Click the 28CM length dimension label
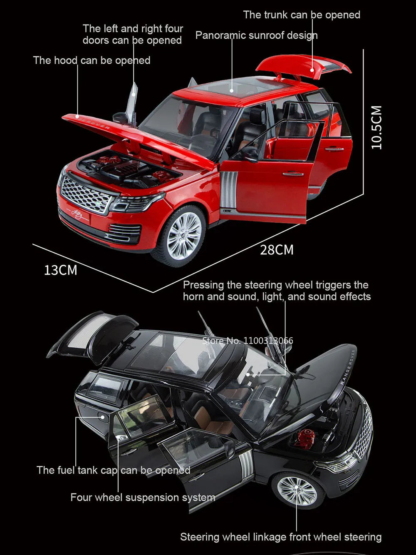pyautogui.click(x=277, y=250)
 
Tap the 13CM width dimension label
pyautogui.click(x=61, y=270)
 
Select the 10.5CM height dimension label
pyautogui.click(x=376, y=127)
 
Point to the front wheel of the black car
pyautogui.click(x=297, y=490)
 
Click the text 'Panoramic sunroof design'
pyautogui.click(x=256, y=35)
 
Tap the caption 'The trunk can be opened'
pyautogui.click(x=302, y=15)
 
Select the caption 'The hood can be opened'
pyautogui.click(x=92, y=60)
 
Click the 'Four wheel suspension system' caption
pyautogui.click(x=143, y=498)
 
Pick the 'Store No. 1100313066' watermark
pyautogui.click(x=248, y=341)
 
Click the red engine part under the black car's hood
pyautogui.click(x=305, y=439)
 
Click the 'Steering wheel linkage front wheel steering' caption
pyautogui.click(x=280, y=537)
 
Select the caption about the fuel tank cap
pyautogui.click(x=113, y=470)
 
